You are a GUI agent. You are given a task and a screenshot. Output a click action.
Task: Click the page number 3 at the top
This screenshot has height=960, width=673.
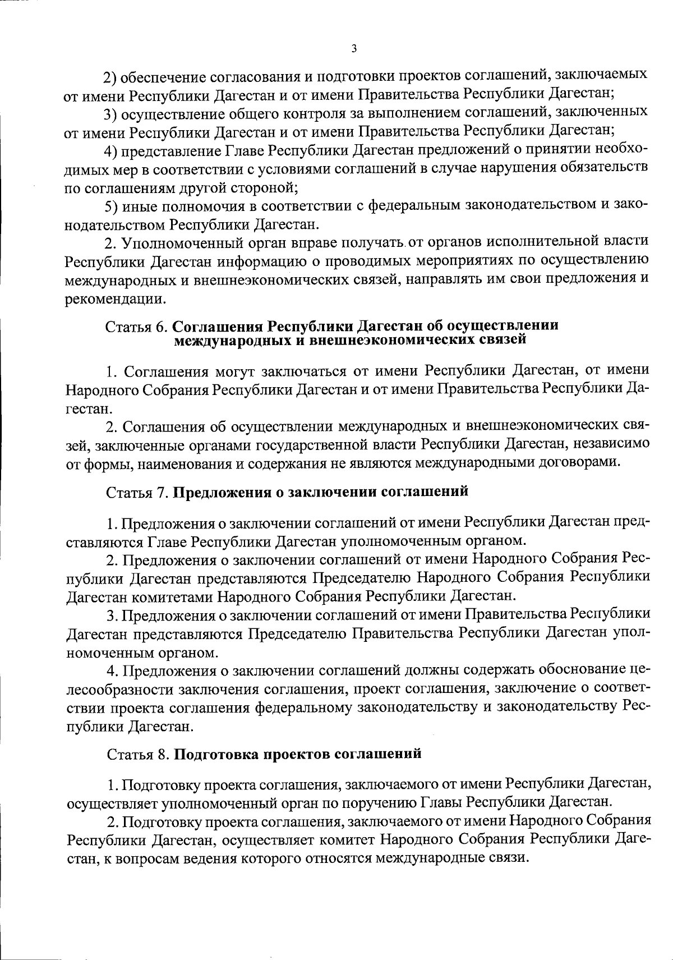[x=353, y=48]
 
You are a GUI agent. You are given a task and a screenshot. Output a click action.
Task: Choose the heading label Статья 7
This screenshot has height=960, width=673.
[x=137, y=493]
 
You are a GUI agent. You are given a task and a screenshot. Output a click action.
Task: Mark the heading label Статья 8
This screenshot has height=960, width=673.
[x=137, y=754]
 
